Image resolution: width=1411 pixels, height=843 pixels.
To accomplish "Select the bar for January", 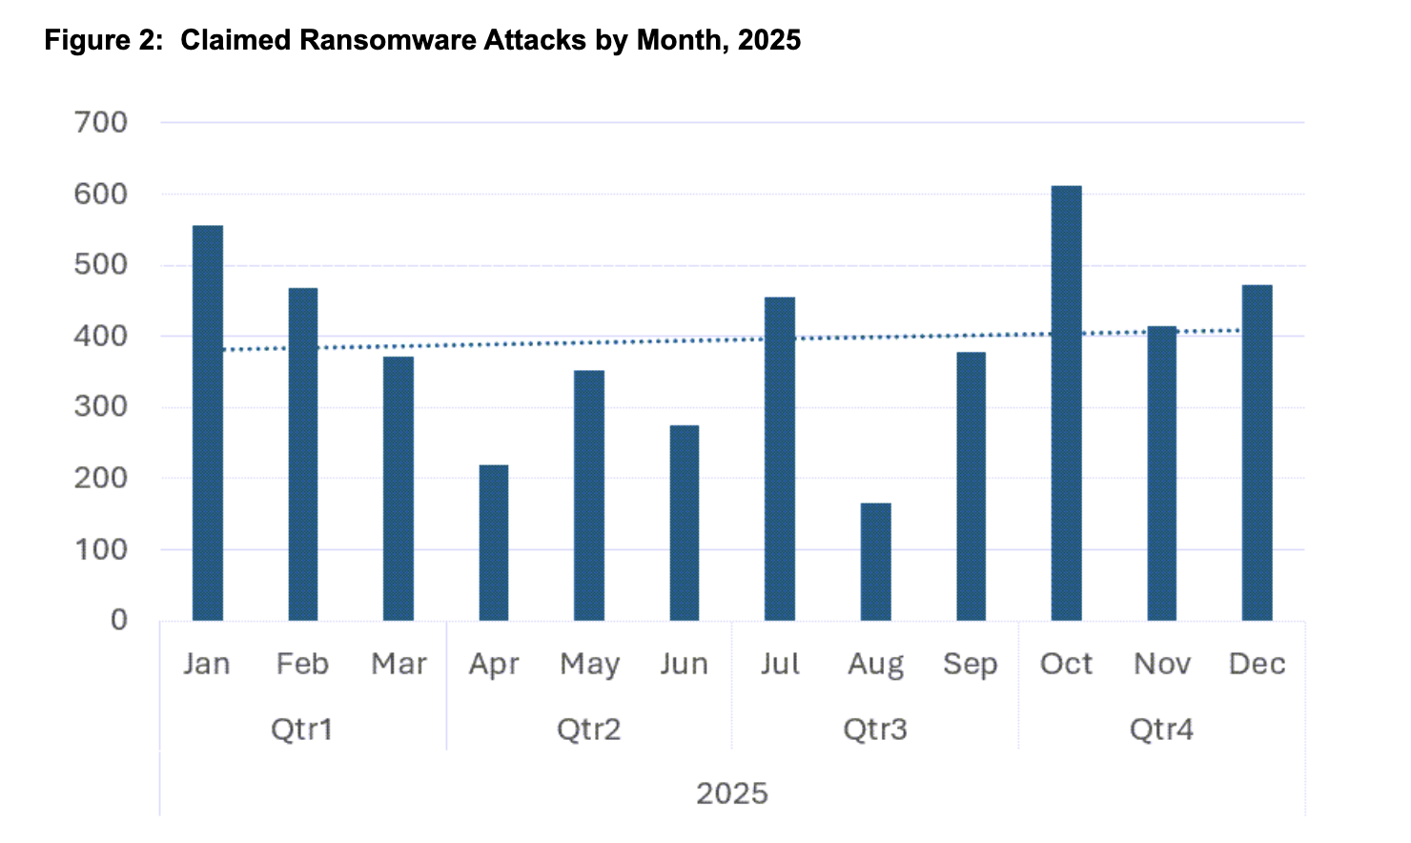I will pyautogui.click(x=208, y=423).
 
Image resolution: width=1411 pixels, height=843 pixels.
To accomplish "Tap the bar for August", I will pyautogui.click(x=875, y=562).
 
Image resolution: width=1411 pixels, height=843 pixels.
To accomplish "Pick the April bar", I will pyautogui.click(x=494, y=543).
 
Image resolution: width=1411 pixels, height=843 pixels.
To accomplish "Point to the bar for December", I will pyautogui.click(x=1257, y=453).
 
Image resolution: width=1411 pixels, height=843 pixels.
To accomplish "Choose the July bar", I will pyautogui.click(x=780, y=459).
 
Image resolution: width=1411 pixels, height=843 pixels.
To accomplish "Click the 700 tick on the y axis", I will pyautogui.click(x=101, y=123).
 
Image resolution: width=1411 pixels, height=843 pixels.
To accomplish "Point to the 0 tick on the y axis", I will pyautogui.click(x=118, y=621).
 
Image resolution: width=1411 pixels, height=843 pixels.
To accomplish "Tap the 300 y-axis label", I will pyautogui.click(x=101, y=407).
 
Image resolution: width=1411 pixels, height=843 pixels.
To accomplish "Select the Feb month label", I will pyautogui.click(x=302, y=664).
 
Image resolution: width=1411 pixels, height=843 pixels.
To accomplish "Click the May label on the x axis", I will pyautogui.click(x=589, y=665).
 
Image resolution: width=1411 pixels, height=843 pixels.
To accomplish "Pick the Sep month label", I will pyautogui.click(x=971, y=665).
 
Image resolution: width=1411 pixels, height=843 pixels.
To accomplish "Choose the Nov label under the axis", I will pyautogui.click(x=1162, y=664).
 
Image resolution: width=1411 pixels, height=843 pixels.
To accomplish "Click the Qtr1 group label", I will pyautogui.click(x=302, y=730).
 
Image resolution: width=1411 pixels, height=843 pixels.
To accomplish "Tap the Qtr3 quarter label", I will pyautogui.click(x=875, y=730).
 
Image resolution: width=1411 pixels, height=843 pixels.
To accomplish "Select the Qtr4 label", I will pyautogui.click(x=1161, y=730).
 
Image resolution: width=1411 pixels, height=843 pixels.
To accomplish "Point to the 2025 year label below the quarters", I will pyautogui.click(x=732, y=793).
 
